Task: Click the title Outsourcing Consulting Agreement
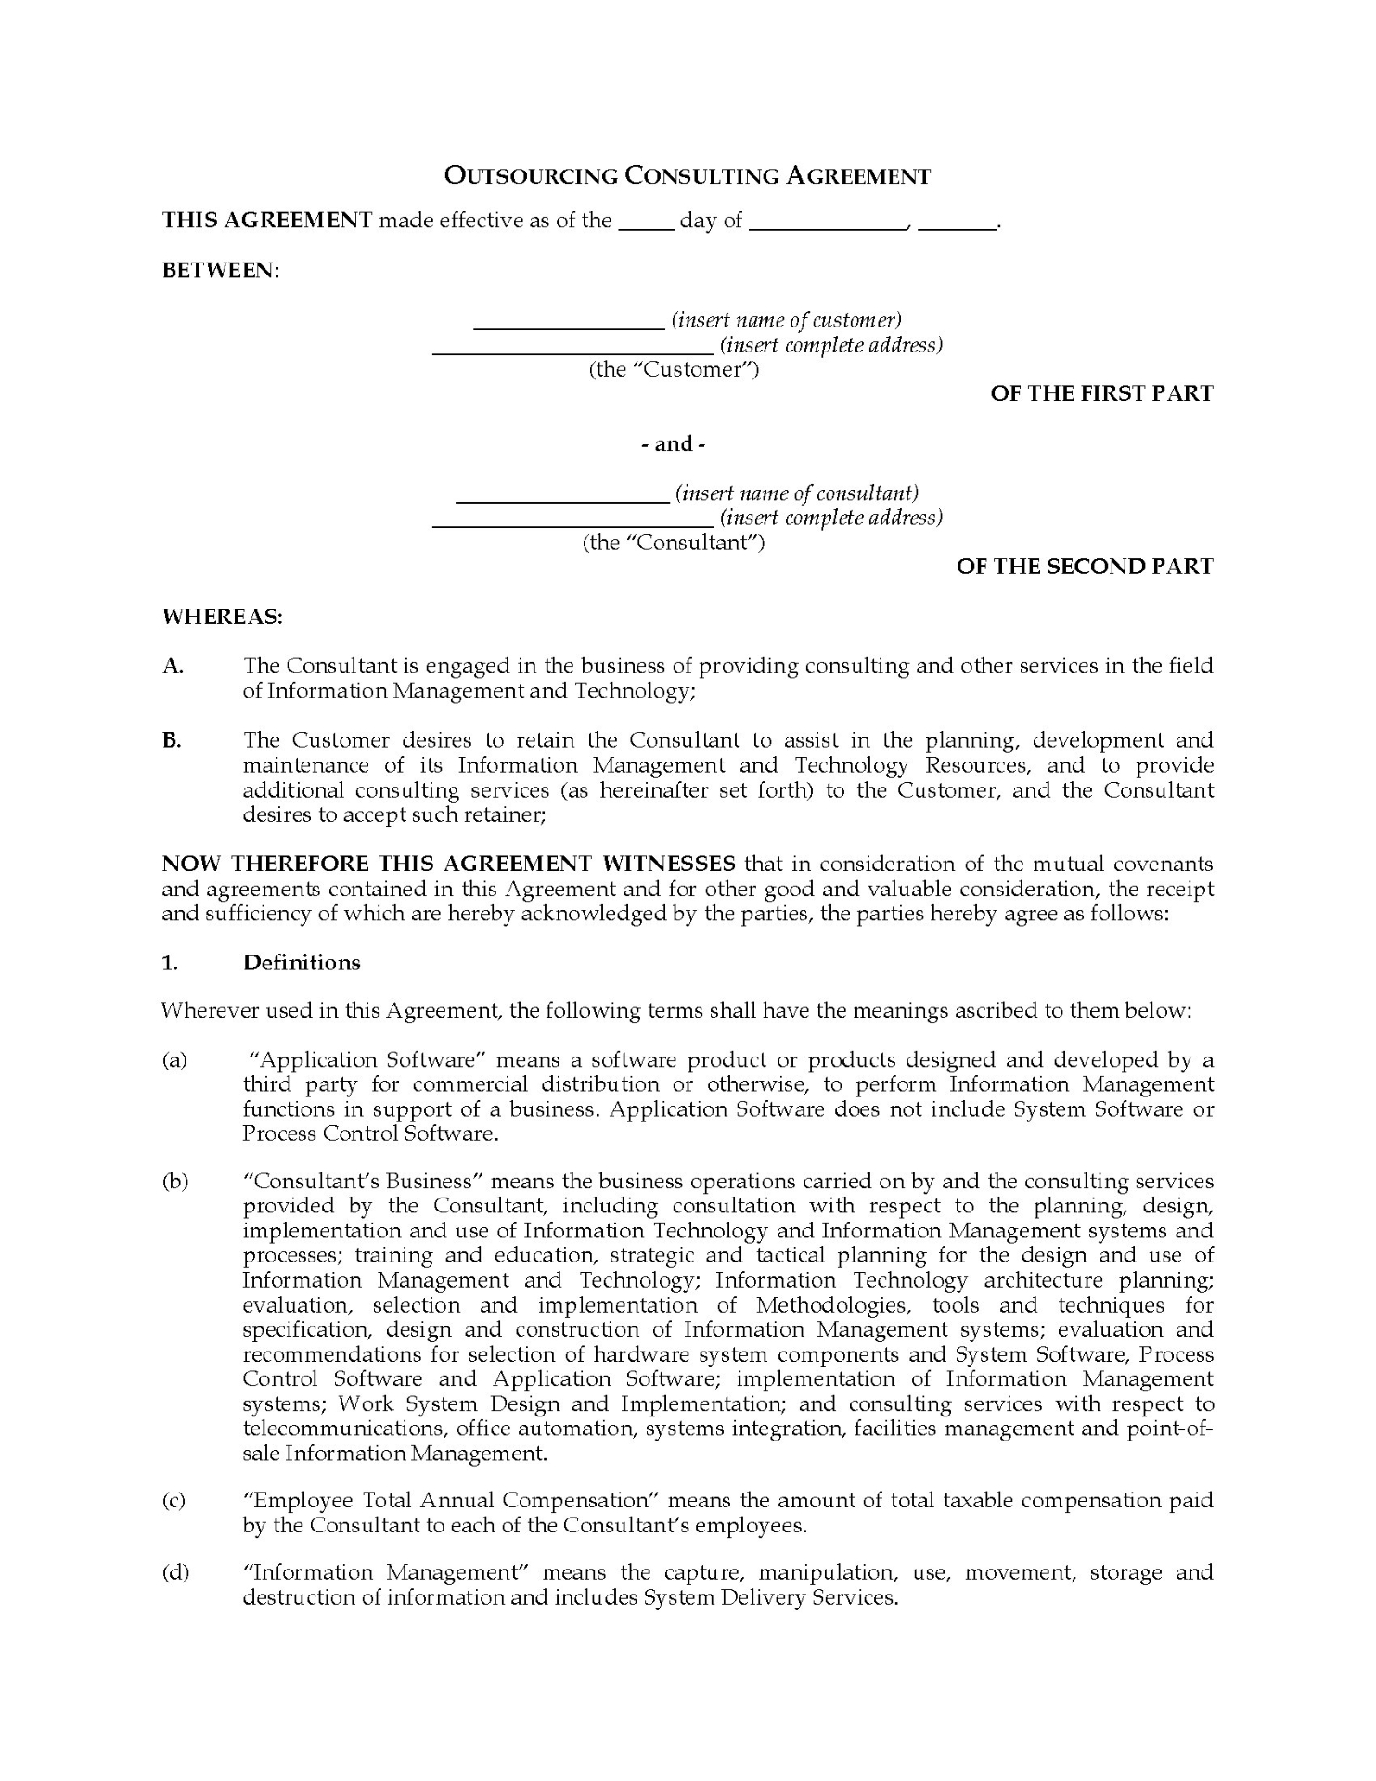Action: [687, 175]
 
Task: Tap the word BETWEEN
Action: [220, 270]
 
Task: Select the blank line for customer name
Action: [570, 326]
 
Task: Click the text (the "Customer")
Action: [675, 369]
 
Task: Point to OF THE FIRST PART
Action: [1101, 393]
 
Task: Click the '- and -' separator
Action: [674, 443]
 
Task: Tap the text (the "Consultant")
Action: [674, 543]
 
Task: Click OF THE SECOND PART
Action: [1085, 567]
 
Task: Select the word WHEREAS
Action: [223, 616]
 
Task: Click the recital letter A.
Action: [173, 666]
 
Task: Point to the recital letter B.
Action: [172, 740]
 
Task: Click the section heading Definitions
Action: [302, 962]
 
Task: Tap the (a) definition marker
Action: [174, 1060]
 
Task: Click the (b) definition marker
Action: [174, 1181]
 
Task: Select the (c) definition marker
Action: [174, 1500]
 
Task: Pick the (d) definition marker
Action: [174, 1572]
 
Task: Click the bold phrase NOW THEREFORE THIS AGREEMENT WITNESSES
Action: [449, 864]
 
